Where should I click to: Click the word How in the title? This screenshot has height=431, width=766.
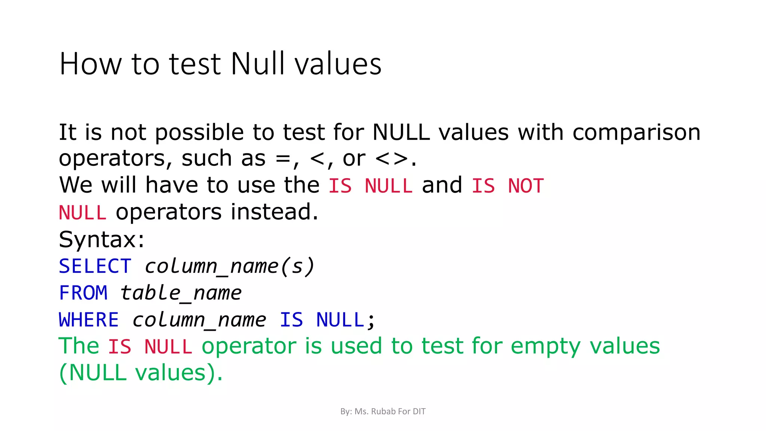pyautogui.click(x=91, y=64)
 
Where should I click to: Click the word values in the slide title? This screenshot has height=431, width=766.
pyautogui.click(x=338, y=64)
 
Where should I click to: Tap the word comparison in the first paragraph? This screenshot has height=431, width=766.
pyautogui.click(x=636, y=133)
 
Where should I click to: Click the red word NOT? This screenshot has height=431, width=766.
pyautogui.click(x=526, y=186)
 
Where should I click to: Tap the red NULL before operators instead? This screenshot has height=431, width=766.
pyautogui.click(x=83, y=213)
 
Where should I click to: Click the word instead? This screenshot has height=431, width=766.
pyautogui.click(x=274, y=212)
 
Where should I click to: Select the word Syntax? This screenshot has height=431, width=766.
pyautogui.click(x=101, y=239)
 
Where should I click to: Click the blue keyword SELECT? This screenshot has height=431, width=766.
pyautogui.click(x=95, y=266)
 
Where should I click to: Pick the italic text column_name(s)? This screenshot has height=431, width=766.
pyautogui.click(x=229, y=266)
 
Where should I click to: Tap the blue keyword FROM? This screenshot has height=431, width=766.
pyautogui.click(x=83, y=293)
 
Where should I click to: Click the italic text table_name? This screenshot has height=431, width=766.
pyautogui.click(x=181, y=293)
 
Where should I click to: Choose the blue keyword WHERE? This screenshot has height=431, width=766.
pyautogui.click(x=89, y=320)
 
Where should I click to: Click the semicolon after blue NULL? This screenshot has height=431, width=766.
pyautogui.click(x=371, y=321)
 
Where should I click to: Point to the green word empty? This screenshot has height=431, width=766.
pyautogui.click(x=545, y=346)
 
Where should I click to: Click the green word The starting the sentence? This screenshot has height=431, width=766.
pyautogui.click(x=79, y=346)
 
